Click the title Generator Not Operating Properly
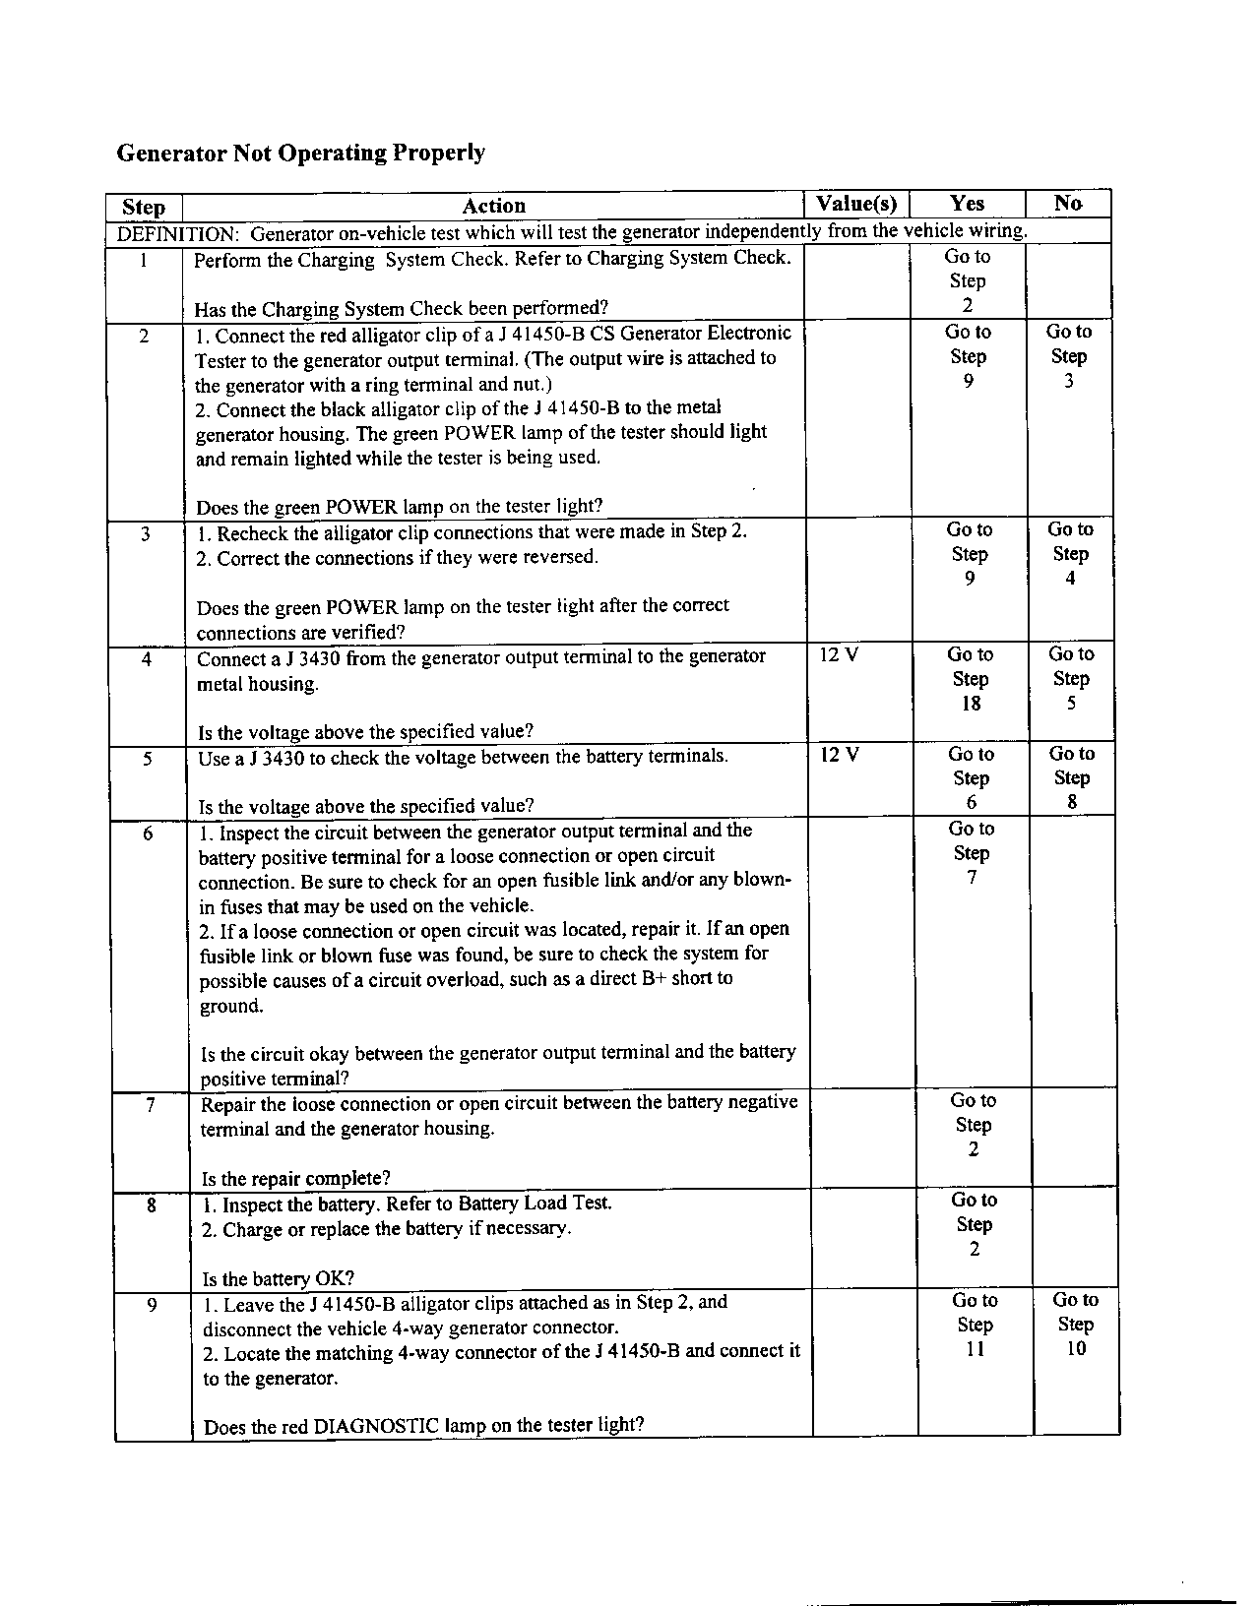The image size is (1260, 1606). click(x=300, y=153)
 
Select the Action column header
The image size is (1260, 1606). click(x=493, y=206)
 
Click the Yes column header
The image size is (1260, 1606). click(x=967, y=203)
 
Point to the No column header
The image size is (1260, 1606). click(x=1067, y=203)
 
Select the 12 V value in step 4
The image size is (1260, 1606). click(x=839, y=654)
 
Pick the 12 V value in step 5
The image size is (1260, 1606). click(x=840, y=755)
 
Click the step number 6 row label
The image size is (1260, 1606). click(x=148, y=834)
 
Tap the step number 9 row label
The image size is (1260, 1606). click(x=152, y=1306)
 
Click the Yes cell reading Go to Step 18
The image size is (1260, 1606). click(x=971, y=679)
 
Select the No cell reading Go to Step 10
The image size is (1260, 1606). click(x=1075, y=1325)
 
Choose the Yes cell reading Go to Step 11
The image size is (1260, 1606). click(x=975, y=1325)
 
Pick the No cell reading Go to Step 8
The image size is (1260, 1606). click(x=1071, y=777)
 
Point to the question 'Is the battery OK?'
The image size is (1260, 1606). click(x=278, y=1278)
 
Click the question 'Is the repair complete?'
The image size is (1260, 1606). click(x=295, y=1178)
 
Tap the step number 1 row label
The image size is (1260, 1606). click(x=144, y=261)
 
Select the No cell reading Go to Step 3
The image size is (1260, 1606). click(x=1068, y=356)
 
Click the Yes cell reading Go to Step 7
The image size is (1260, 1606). click(x=972, y=853)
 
